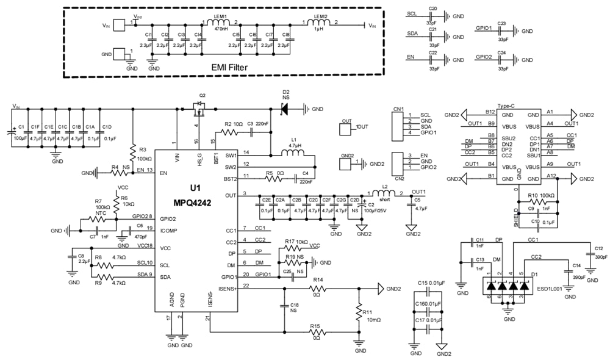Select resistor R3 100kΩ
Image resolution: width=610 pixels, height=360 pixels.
tap(132, 150)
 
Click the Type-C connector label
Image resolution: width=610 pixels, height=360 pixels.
tap(508, 106)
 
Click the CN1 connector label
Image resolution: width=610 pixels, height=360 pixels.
tap(398, 109)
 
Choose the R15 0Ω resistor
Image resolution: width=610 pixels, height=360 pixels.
tap(317, 333)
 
